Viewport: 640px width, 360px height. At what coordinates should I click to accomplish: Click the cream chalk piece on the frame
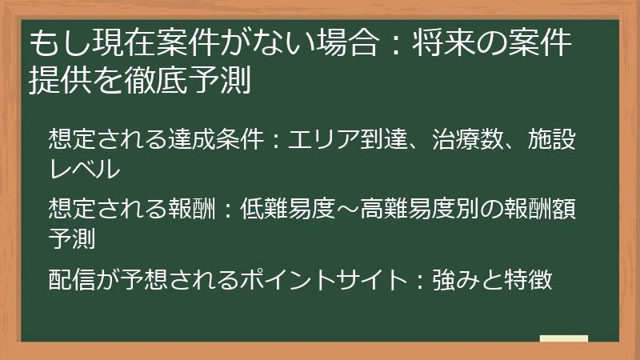click(x=564, y=339)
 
